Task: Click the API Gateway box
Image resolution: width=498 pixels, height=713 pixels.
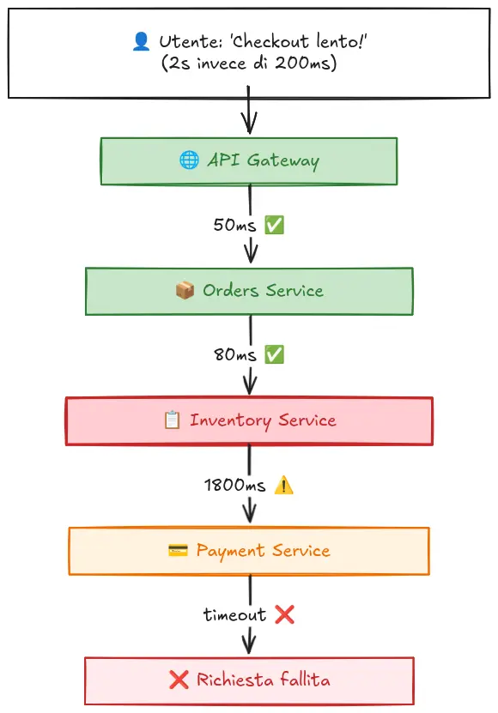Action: click(249, 160)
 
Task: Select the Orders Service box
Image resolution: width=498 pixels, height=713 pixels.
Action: click(249, 291)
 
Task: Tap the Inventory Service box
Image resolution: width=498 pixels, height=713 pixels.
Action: click(249, 420)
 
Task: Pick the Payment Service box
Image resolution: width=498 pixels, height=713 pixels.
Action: click(249, 551)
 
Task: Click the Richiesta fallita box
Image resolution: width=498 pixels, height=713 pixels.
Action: click(249, 680)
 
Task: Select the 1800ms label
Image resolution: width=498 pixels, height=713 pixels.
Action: click(234, 485)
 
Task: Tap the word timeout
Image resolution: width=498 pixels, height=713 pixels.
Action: click(234, 614)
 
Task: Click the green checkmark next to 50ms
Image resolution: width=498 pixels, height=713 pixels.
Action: click(274, 225)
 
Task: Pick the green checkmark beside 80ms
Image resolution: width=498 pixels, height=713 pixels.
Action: click(274, 354)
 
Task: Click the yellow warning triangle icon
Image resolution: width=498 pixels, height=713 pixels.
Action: click(283, 485)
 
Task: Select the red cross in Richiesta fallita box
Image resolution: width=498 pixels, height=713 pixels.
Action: click(179, 680)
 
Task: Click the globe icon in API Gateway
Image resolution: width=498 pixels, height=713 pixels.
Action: click(189, 160)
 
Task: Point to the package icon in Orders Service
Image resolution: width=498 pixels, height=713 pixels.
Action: click(185, 291)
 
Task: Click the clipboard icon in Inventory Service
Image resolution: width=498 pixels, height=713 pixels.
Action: click(172, 420)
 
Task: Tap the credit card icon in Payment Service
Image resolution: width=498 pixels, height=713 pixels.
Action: click(178, 551)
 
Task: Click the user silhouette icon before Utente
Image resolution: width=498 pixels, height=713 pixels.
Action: click(142, 41)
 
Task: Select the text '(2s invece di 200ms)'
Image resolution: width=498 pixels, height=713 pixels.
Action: click(248, 63)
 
